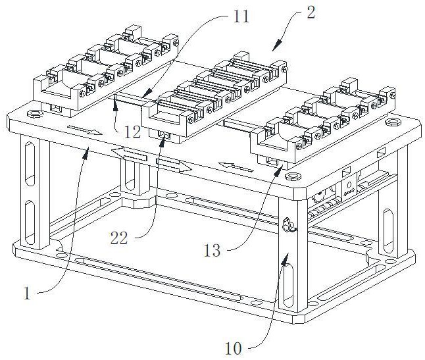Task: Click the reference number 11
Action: coord(241,17)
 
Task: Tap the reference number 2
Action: coord(311,13)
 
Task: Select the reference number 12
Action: coord(132,132)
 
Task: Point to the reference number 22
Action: coord(118,238)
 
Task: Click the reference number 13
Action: coord(213,251)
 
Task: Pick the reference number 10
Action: coord(234,348)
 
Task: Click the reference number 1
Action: coord(26,294)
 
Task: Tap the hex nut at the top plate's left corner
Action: coord(35,113)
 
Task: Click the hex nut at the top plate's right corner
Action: coord(392,122)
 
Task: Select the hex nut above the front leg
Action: coord(293,176)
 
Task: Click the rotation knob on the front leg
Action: coord(287,224)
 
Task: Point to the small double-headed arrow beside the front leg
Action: coord(349,192)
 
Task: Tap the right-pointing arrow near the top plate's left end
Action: coord(85,130)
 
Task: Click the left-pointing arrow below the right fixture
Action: coord(236,167)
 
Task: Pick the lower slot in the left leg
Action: coord(30,222)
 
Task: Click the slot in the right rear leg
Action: coord(388,231)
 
